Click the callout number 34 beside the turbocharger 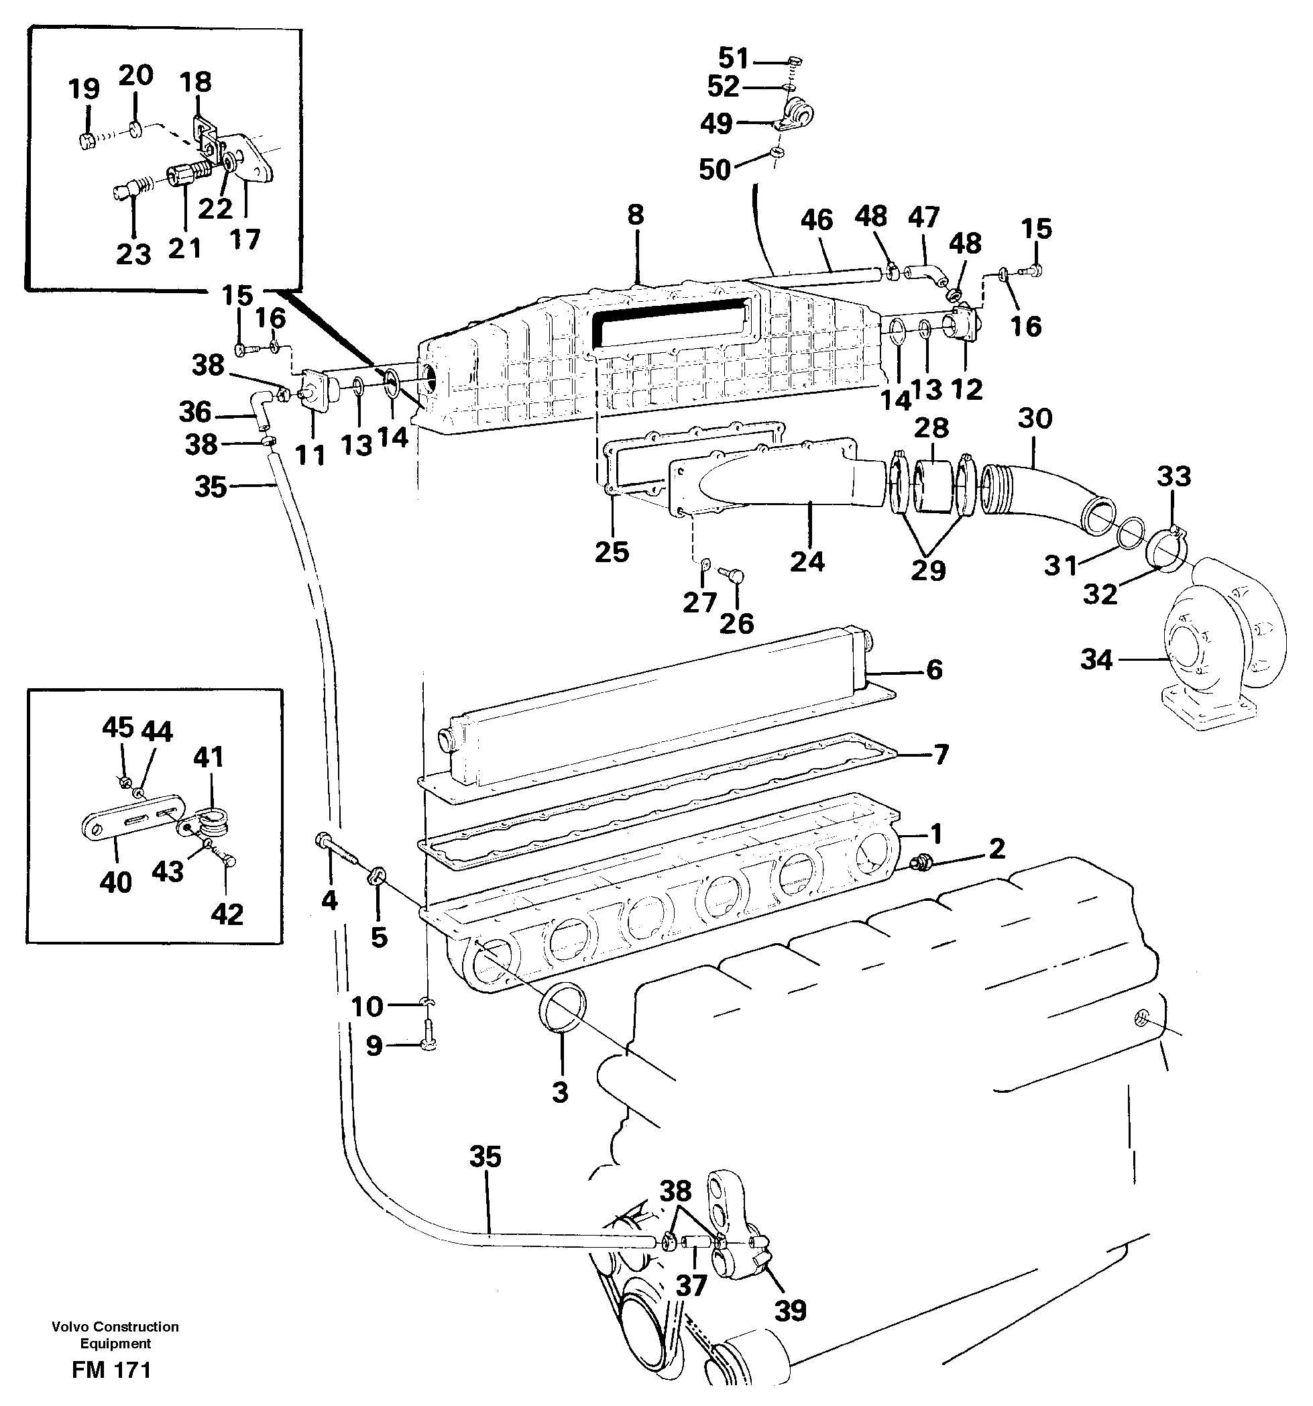pyautogui.click(x=1096, y=660)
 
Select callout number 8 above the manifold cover pyautogui.click(x=636, y=215)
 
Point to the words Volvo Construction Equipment pyautogui.click(x=115, y=1336)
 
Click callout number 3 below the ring pyautogui.click(x=560, y=1092)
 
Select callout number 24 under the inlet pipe pyautogui.click(x=807, y=561)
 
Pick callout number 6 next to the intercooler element pyautogui.click(x=934, y=669)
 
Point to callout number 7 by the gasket pyautogui.click(x=941, y=755)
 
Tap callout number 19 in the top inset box pyautogui.click(x=83, y=89)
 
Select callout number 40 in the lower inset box pyautogui.click(x=115, y=882)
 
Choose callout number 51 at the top pyautogui.click(x=733, y=57)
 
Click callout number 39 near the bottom pyautogui.click(x=790, y=1311)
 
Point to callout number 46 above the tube pyautogui.click(x=817, y=220)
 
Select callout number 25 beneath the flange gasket pyautogui.click(x=612, y=551)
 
